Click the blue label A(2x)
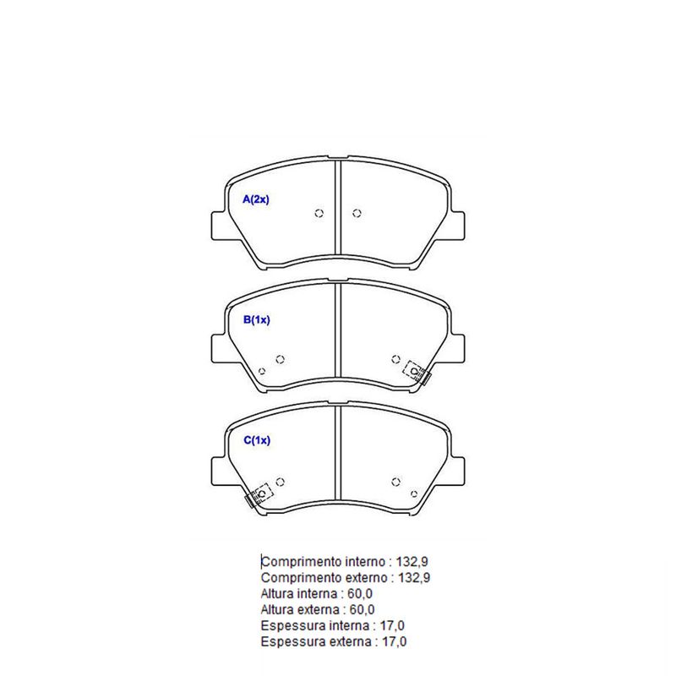256,199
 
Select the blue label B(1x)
257,320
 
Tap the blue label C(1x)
257,440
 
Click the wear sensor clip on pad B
417,373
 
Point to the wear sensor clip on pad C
259,495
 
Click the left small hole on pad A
319,213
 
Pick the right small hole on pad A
357,213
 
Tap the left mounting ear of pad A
219,226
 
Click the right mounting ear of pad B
457,348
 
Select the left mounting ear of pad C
219,472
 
